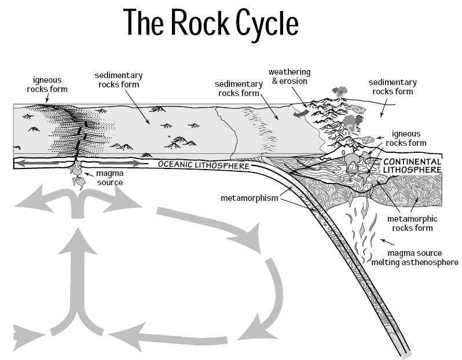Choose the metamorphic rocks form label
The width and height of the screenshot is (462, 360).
[413, 223]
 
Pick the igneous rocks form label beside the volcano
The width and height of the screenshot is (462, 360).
[409, 138]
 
